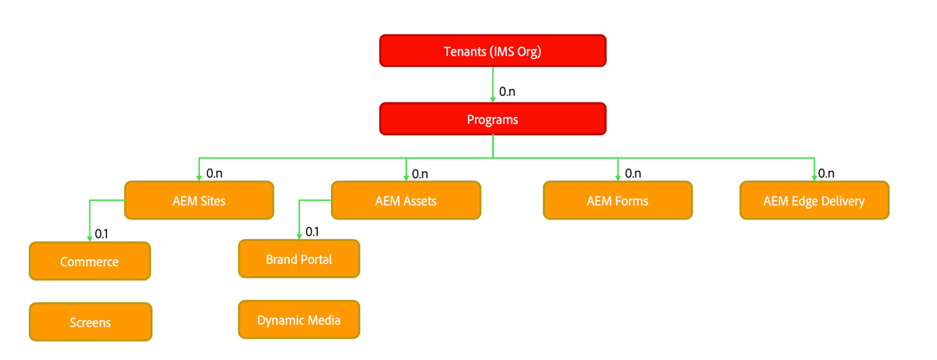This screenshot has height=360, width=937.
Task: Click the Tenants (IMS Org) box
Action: click(493, 52)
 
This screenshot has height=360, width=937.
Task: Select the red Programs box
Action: click(493, 119)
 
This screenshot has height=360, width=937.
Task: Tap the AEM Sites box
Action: click(199, 201)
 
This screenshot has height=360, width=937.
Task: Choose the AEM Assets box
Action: click(406, 201)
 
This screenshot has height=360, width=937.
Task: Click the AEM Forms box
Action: click(618, 201)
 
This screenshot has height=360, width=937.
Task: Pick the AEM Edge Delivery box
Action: click(814, 201)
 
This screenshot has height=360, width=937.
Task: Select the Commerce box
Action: click(90, 262)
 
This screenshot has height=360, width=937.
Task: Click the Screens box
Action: click(90, 322)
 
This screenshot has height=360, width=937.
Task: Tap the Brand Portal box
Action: click(299, 259)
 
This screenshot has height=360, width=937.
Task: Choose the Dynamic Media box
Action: click(299, 319)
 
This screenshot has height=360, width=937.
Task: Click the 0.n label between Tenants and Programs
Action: click(507, 91)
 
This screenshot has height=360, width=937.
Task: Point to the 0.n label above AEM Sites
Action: click(215, 173)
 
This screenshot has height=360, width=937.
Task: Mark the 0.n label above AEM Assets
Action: click(420, 173)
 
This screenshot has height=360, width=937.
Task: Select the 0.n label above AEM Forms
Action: click(632, 173)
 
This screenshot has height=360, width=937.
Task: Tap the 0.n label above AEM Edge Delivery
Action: click(826, 173)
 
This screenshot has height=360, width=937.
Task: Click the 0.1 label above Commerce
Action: click(102, 233)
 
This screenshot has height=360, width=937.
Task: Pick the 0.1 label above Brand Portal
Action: click(312, 231)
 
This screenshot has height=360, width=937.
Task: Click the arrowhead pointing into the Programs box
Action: click(493, 99)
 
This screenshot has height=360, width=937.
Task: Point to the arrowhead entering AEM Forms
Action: click(618, 179)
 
